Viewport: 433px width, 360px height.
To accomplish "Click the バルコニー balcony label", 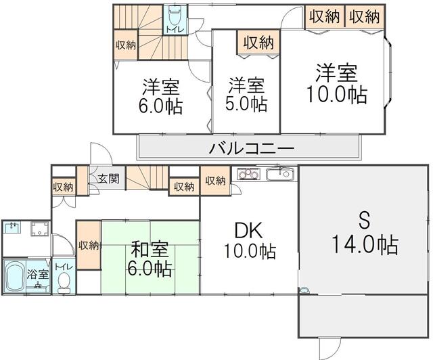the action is [251, 149].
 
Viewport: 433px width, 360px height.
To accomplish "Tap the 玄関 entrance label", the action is [108, 179].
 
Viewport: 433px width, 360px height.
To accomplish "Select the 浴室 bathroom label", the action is [38, 274].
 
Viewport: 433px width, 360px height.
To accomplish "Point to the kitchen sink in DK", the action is [281, 173].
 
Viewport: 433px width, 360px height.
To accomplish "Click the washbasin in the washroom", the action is [12, 228].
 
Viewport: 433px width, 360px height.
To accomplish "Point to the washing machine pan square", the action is [40, 229].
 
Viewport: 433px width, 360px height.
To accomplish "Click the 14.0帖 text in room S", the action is [365, 244].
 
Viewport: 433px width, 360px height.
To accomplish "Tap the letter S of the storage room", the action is [365, 220].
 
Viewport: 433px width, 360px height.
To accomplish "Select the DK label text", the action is [248, 231].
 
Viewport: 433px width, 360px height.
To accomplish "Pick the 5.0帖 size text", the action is [246, 104].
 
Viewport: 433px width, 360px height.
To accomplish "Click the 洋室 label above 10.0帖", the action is [337, 73].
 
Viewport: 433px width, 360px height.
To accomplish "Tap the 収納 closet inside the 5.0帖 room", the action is [258, 43].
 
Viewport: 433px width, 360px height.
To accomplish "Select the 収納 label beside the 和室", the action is [89, 245].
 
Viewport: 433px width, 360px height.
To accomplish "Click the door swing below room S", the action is [330, 348].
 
